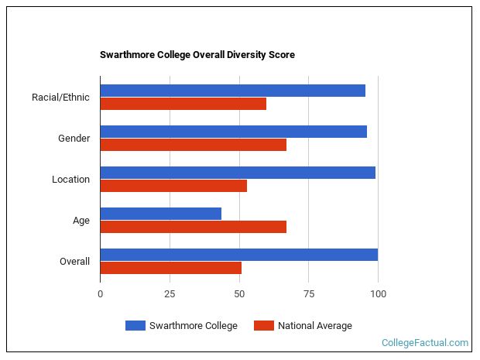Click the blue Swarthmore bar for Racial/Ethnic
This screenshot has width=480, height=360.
pos(232,91)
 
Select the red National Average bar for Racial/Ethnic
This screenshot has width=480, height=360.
pos(183,104)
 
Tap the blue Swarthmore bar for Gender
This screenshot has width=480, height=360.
pos(233,132)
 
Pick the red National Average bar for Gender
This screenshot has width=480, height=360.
pos(193,145)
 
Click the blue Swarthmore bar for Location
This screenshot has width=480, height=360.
pos(238,173)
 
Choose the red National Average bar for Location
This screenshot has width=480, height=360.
pos(173,186)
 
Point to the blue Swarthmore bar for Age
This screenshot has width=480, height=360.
pos(160,214)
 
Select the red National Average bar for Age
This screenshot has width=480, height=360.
pos(193,227)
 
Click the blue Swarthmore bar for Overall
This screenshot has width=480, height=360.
pos(238,255)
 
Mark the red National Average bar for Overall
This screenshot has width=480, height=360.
pos(170,268)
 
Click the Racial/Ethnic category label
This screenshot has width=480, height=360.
pos(60,98)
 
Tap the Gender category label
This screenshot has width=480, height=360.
pos(74,139)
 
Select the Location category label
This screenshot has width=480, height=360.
pos(70,180)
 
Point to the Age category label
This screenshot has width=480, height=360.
pos(81,221)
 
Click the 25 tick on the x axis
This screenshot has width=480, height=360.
pos(170,293)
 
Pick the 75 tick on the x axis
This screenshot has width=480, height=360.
pos(308,293)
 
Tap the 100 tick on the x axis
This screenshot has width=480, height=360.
pos(378,293)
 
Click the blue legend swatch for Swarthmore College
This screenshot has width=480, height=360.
pos(135,325)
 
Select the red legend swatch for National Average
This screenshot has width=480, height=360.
pos(263,325)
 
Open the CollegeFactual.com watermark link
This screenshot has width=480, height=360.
pos(424,342)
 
